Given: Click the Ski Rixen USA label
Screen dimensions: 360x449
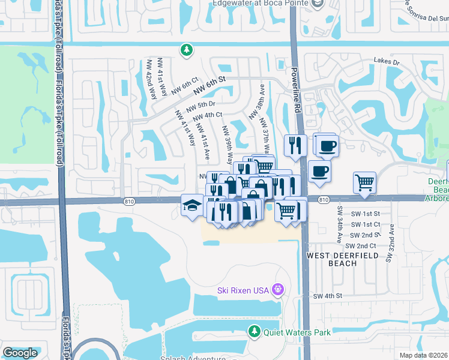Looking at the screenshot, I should pyautogui.click(x=243, y=291).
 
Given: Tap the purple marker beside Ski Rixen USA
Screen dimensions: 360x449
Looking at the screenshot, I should pyautogui.click(x=277, y=290).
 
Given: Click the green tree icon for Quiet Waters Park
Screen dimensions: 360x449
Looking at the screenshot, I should pyautogui.click(x=255, y=331).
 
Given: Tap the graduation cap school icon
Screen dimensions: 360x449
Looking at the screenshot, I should pyautogui.click(x=191, y=205).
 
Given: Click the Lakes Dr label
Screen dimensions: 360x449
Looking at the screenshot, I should pyautogui.click(x=386, y=61).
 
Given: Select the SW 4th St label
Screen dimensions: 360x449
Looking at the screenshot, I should pyautogui.click(x=327, y=296).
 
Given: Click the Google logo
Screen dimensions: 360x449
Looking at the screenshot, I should pyautogui.click(x=20, y=353).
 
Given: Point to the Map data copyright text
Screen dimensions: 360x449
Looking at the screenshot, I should pyautogui.click(x=423, y=355).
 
